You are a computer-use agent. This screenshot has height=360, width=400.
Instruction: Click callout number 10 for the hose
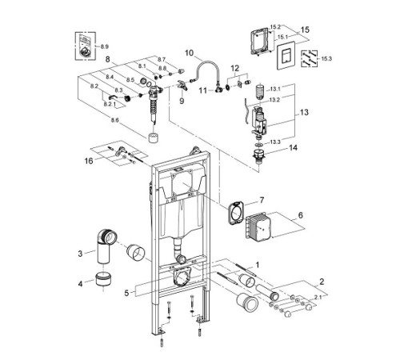pyautogui.click(x=190, y=54)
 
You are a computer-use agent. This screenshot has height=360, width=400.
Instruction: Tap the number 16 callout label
pyautogui.click(x=88, y=161)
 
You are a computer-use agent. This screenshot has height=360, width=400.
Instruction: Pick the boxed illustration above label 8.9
pyautogui.click(x=84, y=44)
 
